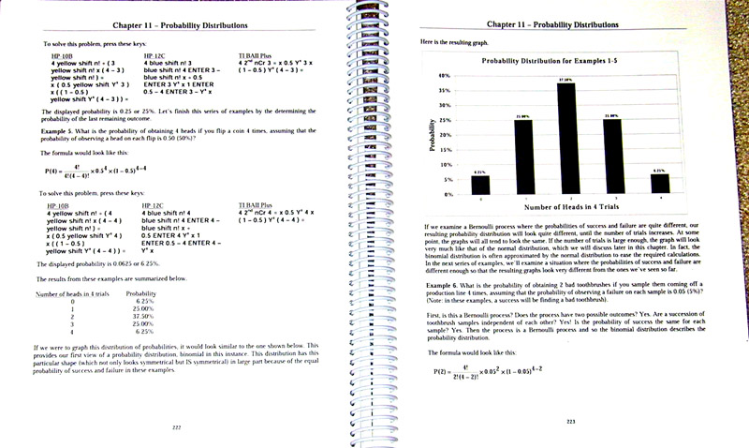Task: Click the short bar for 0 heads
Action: [480, 186]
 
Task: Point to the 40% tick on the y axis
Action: [447, 74]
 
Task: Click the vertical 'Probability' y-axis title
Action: [433, 135]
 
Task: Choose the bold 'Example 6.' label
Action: [447, 282]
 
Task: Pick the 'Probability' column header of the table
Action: [140, 293]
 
